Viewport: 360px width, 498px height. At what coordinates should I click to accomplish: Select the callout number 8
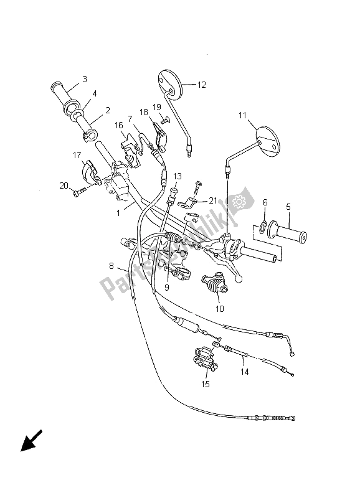click(111, 265)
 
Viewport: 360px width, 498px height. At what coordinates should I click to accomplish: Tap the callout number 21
click(213, 200)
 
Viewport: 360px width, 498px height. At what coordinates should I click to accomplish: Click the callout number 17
click(77, 155)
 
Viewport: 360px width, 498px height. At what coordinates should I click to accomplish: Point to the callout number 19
click(157, 106)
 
